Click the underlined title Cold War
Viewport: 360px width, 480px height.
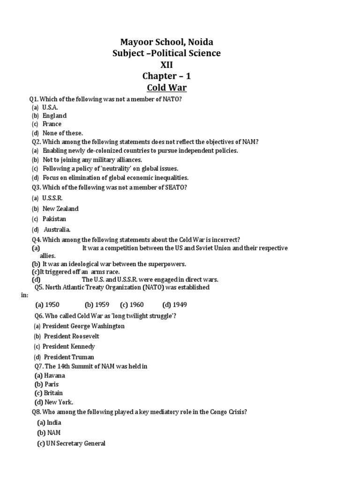pos(166,87)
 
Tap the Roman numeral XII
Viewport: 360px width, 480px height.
pos(166,65)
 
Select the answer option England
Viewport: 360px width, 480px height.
pos(54,115)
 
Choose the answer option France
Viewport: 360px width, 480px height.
pos(52,124)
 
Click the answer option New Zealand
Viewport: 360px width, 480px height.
pos(60,209)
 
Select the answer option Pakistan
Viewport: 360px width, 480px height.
pos(54,219)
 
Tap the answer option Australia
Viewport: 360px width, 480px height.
pos(57,230)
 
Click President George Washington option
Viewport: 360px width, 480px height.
pos(83,326)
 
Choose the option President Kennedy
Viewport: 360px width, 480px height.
pos(68,346)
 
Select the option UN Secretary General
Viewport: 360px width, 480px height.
pos(75,443)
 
